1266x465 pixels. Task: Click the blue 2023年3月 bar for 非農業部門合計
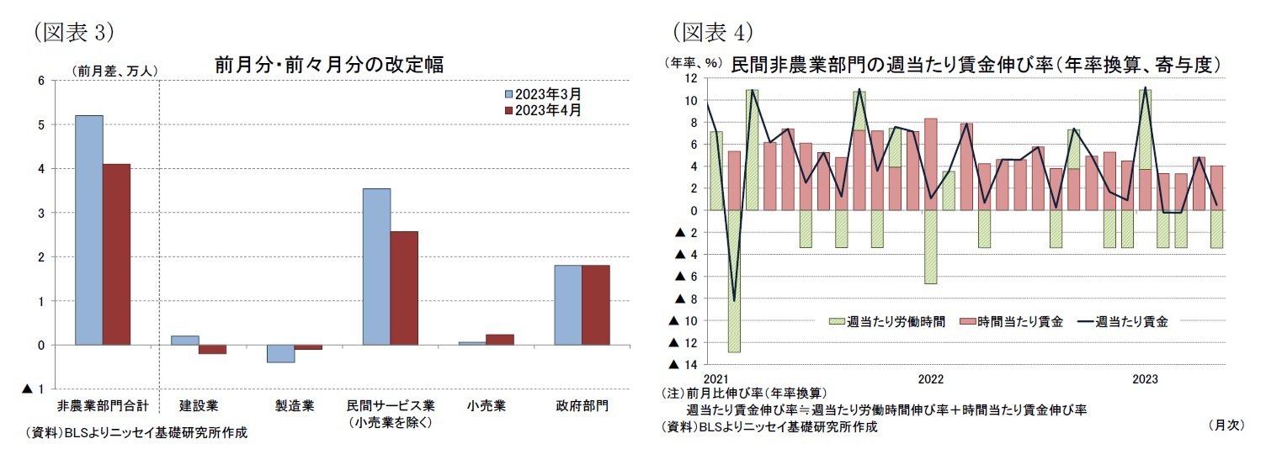point(89,230)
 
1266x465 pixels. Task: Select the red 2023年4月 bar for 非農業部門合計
point(117,254)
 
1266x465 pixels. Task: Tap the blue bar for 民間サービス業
point(376,267)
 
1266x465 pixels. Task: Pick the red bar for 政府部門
point(596,304)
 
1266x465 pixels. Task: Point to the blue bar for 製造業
point(281,353)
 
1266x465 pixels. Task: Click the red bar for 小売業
point(500,340)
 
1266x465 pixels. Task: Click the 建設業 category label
point(199,405)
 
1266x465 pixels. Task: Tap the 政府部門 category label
point(582,405)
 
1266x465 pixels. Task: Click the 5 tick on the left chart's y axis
point(40,124)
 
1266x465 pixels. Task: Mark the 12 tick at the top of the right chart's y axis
point(690,78)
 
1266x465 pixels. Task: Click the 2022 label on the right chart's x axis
point(930,379)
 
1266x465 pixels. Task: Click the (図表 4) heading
point(710,32)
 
